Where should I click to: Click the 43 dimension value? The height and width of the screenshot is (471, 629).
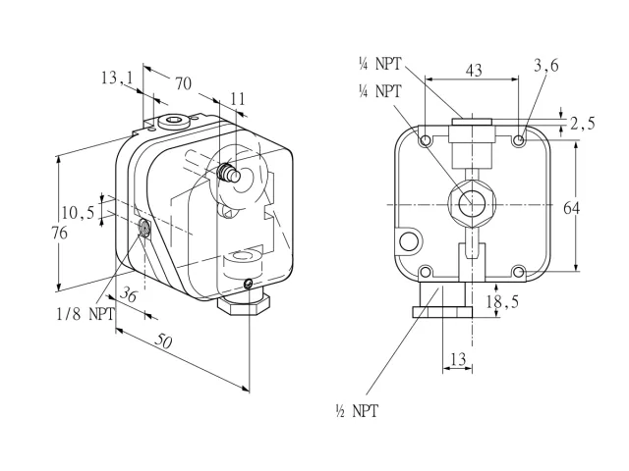point(474,71)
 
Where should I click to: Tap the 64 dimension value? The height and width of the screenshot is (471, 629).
point(572,208)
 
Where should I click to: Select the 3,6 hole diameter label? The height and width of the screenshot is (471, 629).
point(546,65)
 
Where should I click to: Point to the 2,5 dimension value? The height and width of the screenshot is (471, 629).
point(583,124)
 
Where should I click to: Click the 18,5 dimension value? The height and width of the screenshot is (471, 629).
point(502,301)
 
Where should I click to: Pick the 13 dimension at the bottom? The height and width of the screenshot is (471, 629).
point(458,359)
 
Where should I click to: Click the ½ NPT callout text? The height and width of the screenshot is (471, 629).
point(357,411)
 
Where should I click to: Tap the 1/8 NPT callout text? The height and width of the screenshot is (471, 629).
point(86,314)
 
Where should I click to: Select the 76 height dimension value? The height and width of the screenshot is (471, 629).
point(59,233)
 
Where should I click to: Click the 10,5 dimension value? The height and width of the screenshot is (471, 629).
point(78,212)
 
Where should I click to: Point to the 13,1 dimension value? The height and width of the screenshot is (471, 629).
point(116,78)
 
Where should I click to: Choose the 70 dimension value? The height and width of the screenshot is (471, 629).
point(184,83)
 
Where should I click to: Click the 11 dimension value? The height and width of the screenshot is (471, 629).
point(238,99)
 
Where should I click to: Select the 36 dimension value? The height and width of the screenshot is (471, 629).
point(129,294)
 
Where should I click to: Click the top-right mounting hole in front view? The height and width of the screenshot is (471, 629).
point(519,140)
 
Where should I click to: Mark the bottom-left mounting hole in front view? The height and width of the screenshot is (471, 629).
point(425,273)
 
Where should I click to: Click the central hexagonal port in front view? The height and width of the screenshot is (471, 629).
point(472,204)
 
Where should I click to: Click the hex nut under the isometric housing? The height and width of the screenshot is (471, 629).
point(244,305)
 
